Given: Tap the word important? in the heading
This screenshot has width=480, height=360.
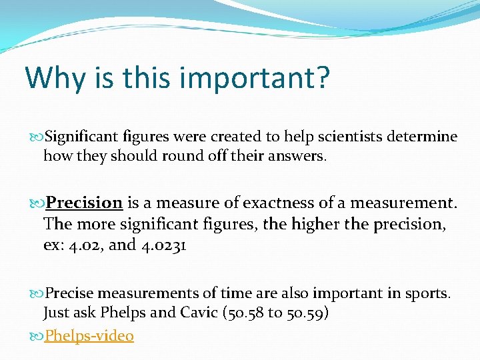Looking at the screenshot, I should tap(256, 78).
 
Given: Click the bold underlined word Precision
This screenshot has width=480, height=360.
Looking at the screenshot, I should tap(84, 203).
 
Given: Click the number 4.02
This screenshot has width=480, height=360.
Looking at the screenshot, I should tap(85, 245).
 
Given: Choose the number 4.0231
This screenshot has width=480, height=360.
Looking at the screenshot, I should tap(163, 245).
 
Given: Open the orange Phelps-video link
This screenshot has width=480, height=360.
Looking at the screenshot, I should tap(89, 335).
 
